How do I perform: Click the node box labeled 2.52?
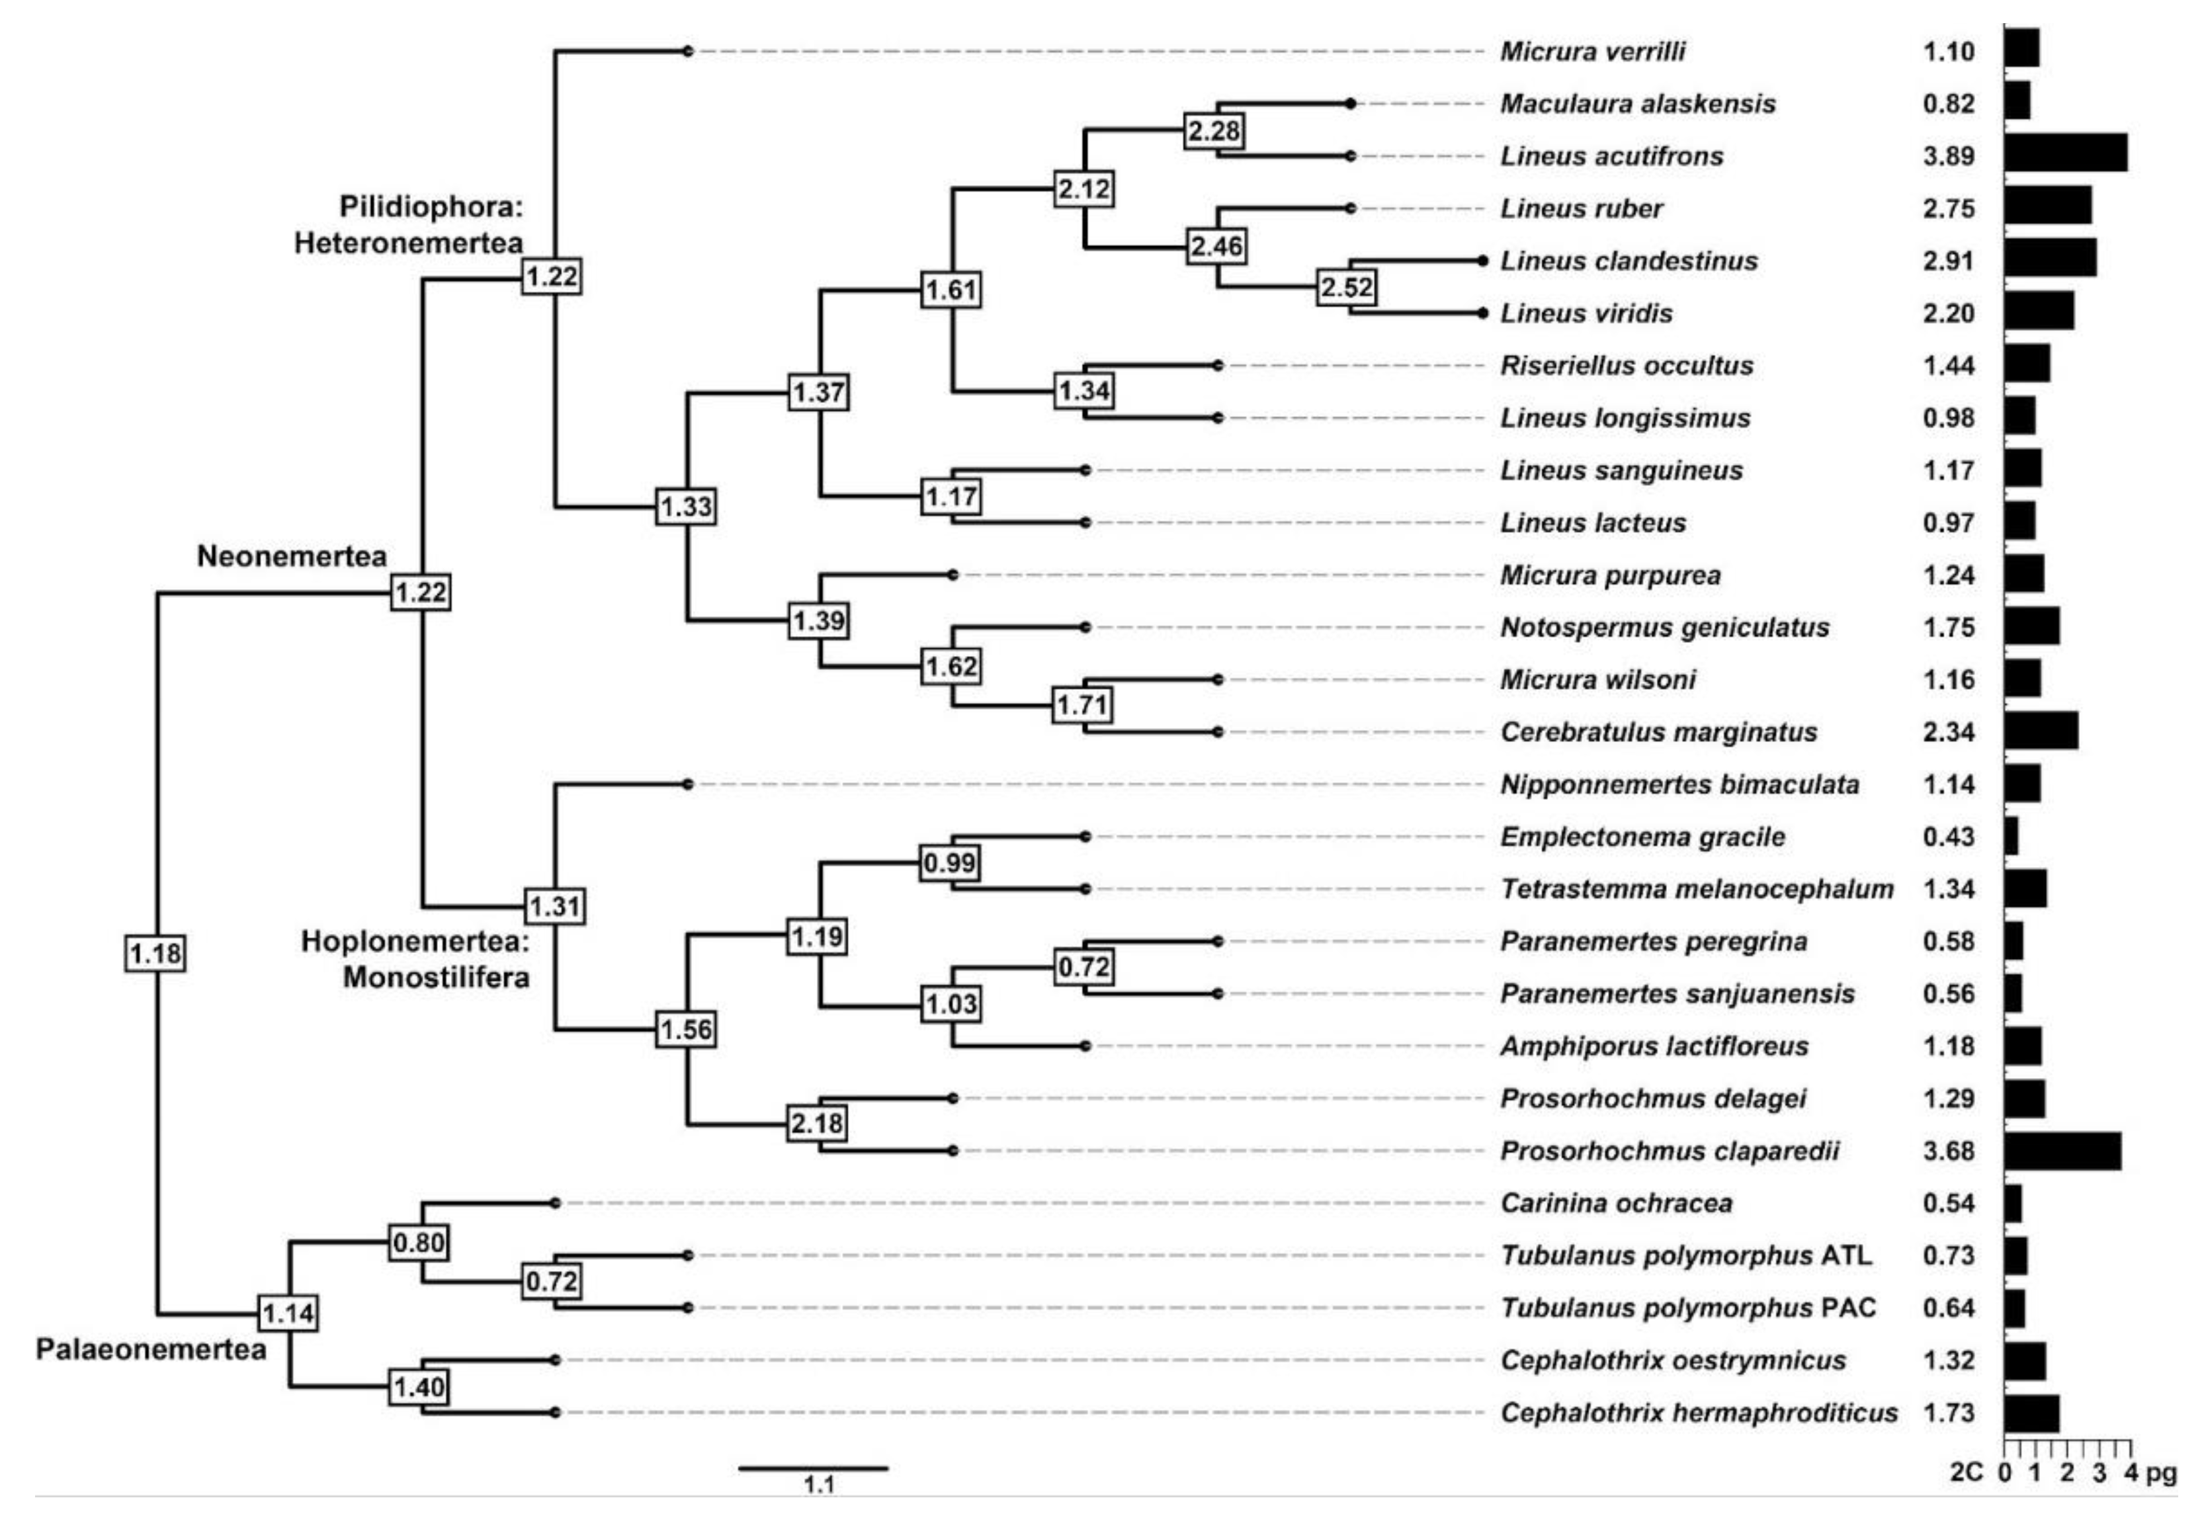pos(1346,287)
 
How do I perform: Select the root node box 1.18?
pos(155,953)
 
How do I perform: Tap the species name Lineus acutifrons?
pos(1612,157)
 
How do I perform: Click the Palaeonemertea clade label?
pos(151,1350)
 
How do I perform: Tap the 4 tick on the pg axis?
pos(2131,1472)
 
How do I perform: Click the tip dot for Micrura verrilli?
pos(687,51)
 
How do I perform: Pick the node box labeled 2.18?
pos(817,1122)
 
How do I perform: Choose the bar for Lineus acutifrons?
pos(2065,153)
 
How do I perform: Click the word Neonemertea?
pos(292,556)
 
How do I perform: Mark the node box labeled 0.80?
pos(419,1242)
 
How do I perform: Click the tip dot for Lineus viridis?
pos(1483,313)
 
